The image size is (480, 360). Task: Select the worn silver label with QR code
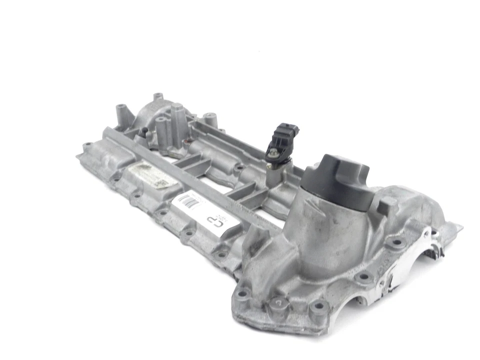point(148,176)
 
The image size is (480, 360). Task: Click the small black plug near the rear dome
point(144,132)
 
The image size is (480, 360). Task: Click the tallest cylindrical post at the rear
point(177,120)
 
